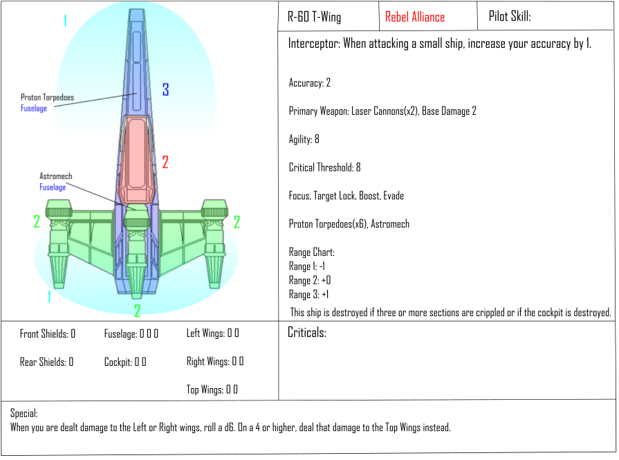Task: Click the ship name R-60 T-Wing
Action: [x=314, y=17]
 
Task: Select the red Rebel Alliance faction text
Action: [x=415, y=17]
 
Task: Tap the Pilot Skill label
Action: [x=510, y=16]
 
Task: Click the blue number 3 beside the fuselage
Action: [x=166, y=90]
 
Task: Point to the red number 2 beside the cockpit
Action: [x=165, y=163]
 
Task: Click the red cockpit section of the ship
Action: [x=136, y=160]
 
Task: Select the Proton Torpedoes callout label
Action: [x=47, y=97]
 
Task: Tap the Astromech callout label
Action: [x=55, y=176]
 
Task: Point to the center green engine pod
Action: [x=136, y=251]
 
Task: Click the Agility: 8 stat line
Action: [x=304, y=139]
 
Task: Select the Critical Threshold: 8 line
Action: [x=324, y=167]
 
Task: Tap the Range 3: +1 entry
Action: [x=308, y=295]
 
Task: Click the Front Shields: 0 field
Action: [x=47, y=334]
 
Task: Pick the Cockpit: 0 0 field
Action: [x=125, y=362]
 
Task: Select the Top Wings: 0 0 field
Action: [x=212, y=389]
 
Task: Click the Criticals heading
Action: [x=307, y=333]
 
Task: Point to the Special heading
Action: [x=24, y=414]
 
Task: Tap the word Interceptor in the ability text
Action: [x=314, y=43]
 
